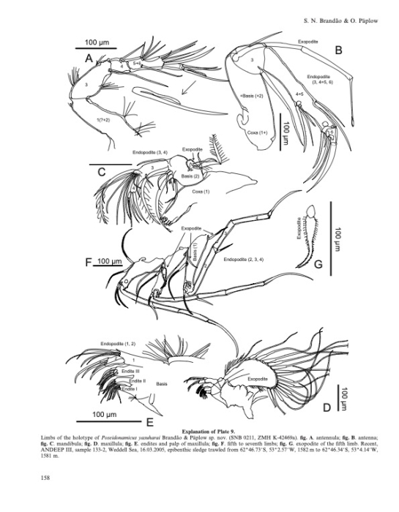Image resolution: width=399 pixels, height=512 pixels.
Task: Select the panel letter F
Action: [x=89, y=261]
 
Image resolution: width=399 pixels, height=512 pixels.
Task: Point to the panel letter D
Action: [x=329, y=404]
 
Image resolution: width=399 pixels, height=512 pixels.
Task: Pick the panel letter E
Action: [x=149, y=422]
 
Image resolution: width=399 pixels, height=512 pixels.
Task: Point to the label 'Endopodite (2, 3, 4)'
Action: [x=245, y=260]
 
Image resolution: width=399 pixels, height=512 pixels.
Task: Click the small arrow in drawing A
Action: [x=191, y=90]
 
